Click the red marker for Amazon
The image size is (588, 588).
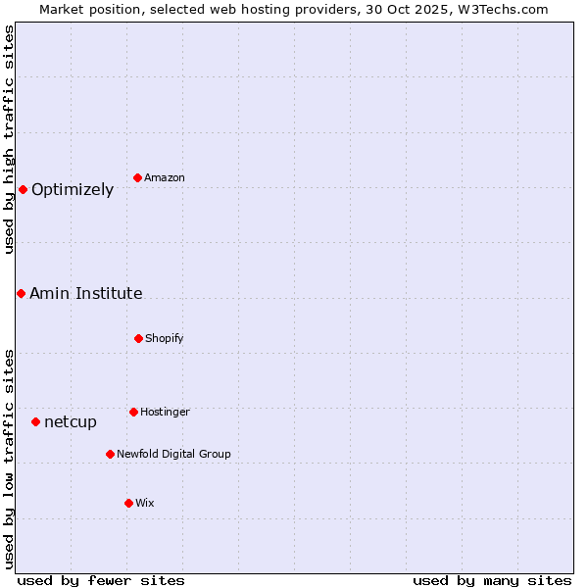[x=138, y=177]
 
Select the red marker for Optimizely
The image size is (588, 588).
[x=23, y=189]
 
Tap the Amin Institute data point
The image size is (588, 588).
[x=21, y=293]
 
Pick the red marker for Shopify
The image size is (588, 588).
[x=138, y=338]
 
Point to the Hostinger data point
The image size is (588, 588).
[x=133, y=412]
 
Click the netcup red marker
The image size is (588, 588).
[x=35, y=421]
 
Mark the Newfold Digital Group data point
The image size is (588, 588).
[x=110, y=454]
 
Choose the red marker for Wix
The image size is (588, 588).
[x=128, y=503]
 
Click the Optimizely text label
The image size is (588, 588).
[x=73, y=190]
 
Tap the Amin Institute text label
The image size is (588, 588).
[x=86, y=294]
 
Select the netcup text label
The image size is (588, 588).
[x=71, y=422]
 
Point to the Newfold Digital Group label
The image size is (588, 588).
[x=174, y=455]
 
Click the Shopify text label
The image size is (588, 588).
[x=165, y=339]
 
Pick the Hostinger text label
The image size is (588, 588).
[x=166, y=413]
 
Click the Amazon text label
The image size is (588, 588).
[x=165, y=178]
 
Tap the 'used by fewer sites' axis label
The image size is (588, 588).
[x=101, y=580]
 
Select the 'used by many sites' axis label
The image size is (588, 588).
[x=492, y=580]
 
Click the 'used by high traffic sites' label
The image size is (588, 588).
[x=9, y=139]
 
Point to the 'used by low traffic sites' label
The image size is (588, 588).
[x=9, y=459]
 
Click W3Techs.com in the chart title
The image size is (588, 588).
[x=506, y=9]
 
